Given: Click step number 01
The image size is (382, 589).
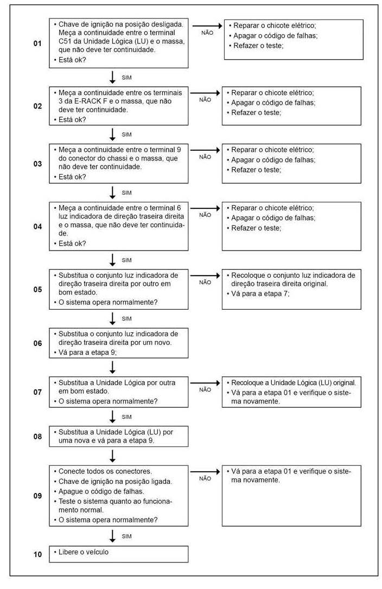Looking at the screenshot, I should [x=37, y=43].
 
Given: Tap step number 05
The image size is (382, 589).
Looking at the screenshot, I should [x=37, y=289].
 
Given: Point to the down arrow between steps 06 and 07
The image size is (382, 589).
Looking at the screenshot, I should [x=113, y=367].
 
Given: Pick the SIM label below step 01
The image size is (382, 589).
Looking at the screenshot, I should [x=126, y=77].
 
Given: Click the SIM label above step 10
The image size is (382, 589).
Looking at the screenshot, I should [x=126, y=536].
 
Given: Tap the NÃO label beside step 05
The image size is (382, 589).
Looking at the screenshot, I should [x=205, y=282].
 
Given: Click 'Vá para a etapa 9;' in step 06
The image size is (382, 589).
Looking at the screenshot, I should [x=87, y=353].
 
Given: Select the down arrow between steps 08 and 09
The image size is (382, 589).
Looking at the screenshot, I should [x=113, y=456].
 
